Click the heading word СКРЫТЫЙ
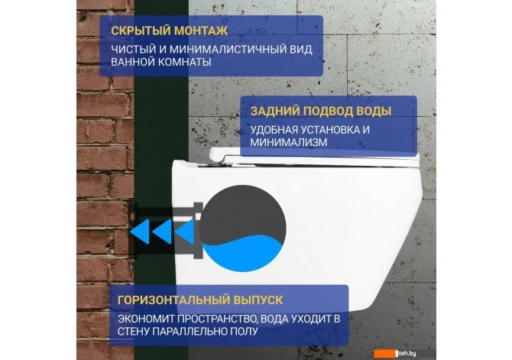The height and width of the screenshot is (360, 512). (x=141, y=31)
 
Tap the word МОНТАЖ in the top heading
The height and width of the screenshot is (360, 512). (x=200, y=31)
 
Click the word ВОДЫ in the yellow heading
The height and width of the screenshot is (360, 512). (x=373, y=111)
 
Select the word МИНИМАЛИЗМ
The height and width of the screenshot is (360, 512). (x=289, y=142)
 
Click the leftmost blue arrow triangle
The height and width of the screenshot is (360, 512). (x=141, y=232)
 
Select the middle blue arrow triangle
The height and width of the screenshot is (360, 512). (x=163, y=232)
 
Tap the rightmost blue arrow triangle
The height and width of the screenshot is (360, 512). (x=185, y=232)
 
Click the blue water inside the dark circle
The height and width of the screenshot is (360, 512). (x=243, y=255)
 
